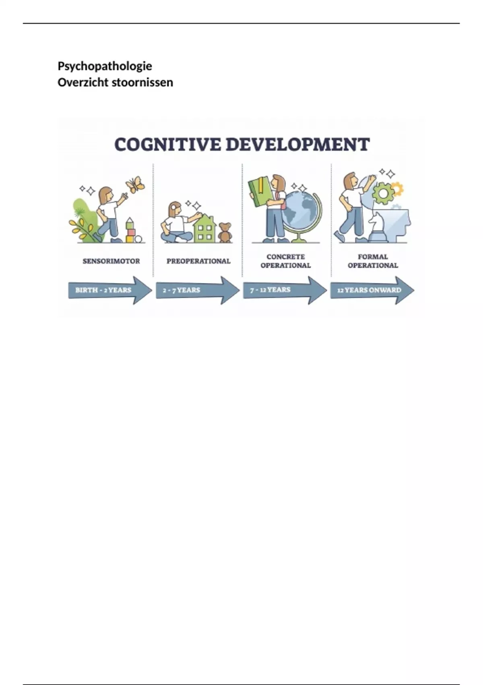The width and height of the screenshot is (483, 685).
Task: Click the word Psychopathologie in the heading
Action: pyautogui.click(x=105, y=66)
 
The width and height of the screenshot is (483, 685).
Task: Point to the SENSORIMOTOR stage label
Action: pyautogui.click(x=111, y=261)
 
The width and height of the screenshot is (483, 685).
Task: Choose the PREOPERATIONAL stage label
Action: pyautogui.click(x=198, y=261)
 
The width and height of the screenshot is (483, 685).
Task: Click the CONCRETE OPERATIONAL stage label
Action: pyautogui.click(x=285, y=261)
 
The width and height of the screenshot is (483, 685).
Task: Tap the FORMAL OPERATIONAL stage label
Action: pyautogui.click(x=373, y=261)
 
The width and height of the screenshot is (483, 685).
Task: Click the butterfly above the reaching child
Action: pyautogui.click(x=135, y=185)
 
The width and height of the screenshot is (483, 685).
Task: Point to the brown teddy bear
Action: pyautogui.click(x=225, y=232)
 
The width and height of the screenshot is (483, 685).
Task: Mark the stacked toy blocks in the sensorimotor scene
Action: pyautogui.click(x=130, y=230)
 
